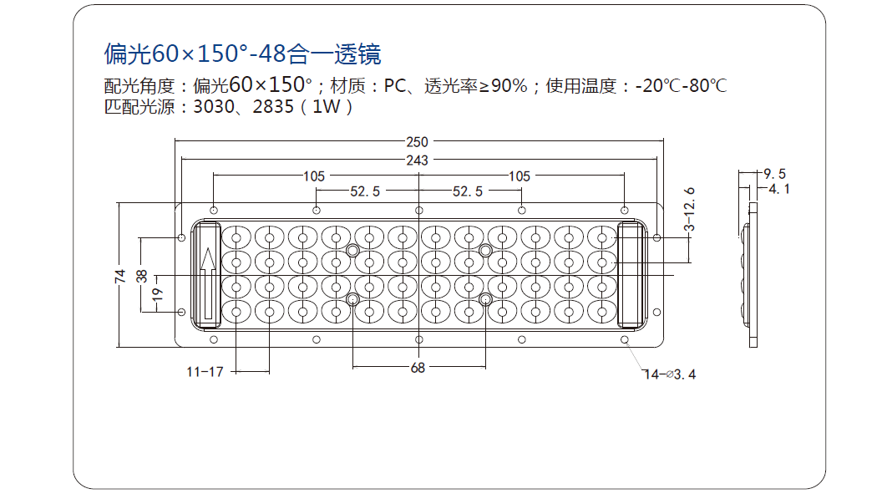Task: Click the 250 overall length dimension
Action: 417,142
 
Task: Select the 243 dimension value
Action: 417,160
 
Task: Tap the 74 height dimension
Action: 120,276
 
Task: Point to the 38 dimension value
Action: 141,276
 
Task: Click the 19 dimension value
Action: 158,294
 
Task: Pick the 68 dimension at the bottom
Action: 418,368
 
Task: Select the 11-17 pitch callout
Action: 205,372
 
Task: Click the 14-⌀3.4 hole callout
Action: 669,374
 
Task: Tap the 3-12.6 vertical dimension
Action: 689,210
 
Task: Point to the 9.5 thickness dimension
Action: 774,174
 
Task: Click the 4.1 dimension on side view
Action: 779,189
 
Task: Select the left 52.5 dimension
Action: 365,192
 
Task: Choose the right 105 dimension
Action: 520,177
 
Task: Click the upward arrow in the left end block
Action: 208,283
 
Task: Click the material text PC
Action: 395,85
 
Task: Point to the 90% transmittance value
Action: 509,85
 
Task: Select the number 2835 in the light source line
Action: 273,106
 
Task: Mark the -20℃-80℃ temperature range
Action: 682,85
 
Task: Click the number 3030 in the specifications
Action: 214,106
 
